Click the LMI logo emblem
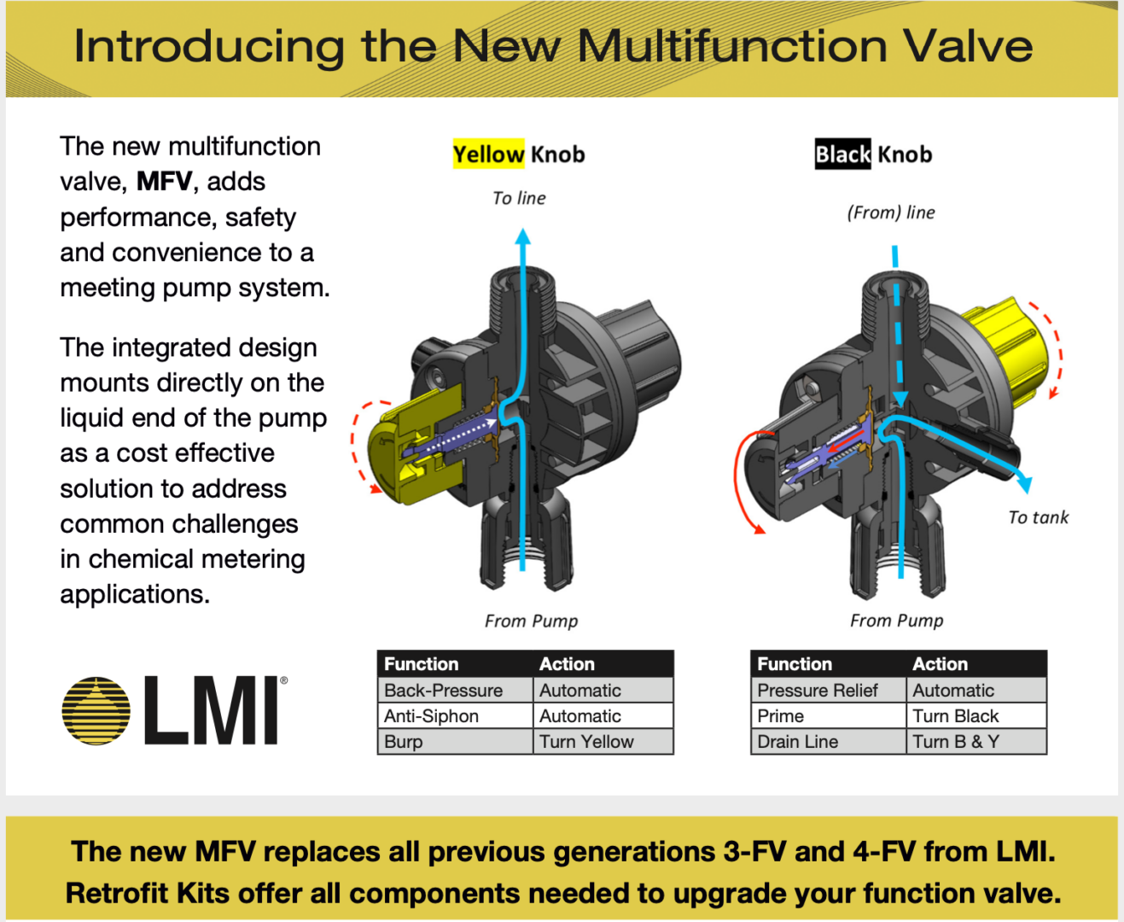96,710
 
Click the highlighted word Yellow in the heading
488,155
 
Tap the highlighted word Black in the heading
842,155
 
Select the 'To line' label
519,198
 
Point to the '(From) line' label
890,213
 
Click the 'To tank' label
1038,517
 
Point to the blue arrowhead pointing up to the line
523,236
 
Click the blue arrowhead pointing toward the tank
1024,484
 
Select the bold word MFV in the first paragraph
164,182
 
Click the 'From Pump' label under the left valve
531,621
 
